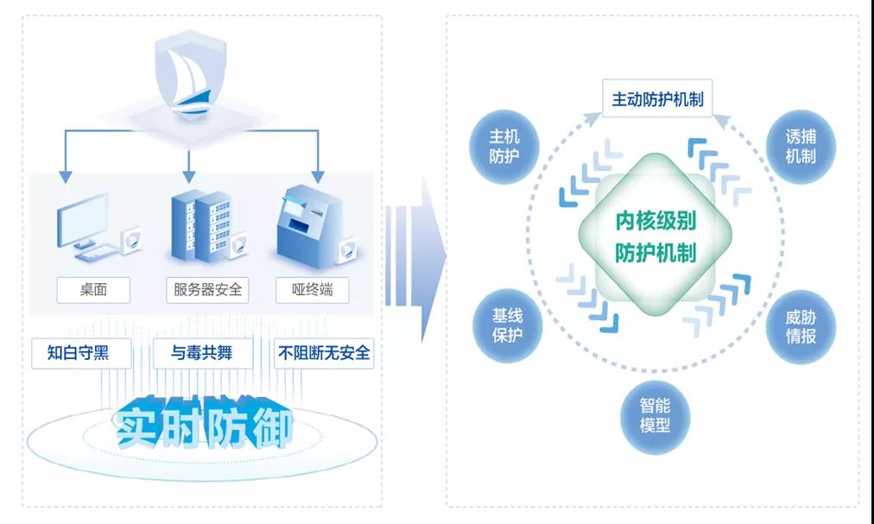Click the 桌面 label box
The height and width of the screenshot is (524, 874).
93,289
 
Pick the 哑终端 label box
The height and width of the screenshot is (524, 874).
313,289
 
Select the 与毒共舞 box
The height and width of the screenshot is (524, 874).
205,353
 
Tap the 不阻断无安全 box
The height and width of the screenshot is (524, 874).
324,353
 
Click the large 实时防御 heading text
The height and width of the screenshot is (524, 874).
204,422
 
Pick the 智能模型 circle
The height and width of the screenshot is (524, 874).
655,416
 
